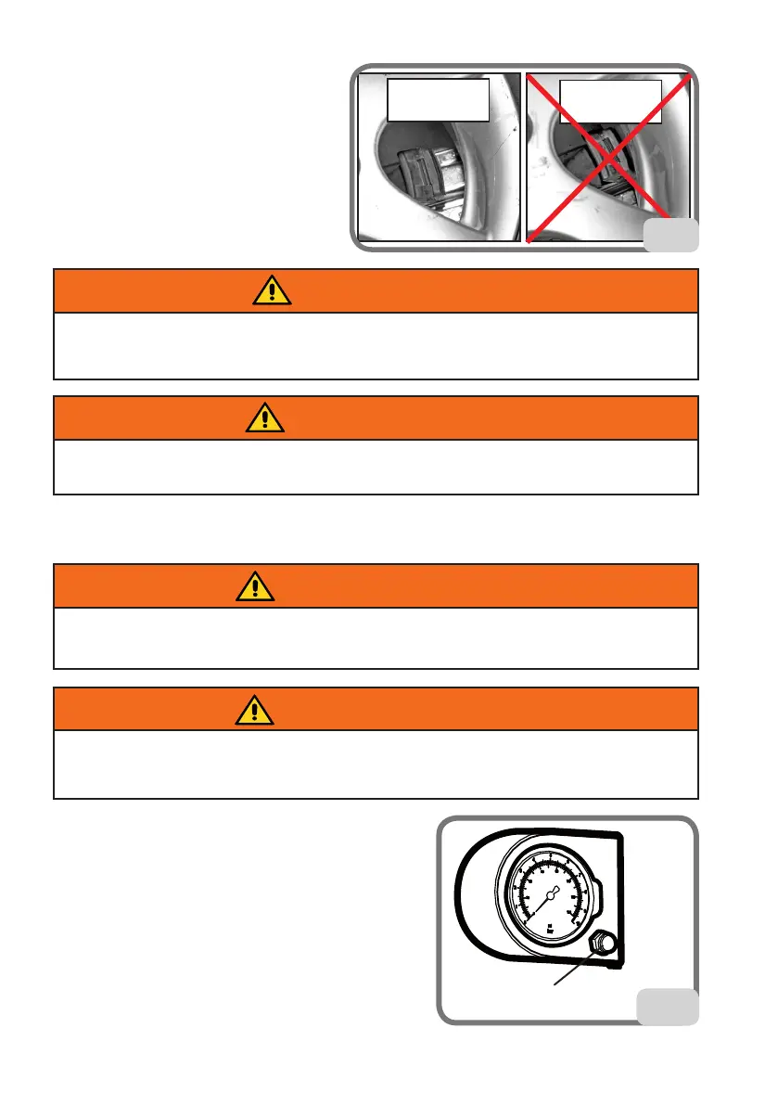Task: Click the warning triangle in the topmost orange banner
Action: coord(270,291)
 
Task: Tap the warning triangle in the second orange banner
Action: coord(265,418)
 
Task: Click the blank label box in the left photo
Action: coord(438,100)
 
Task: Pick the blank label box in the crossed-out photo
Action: coord(610,100)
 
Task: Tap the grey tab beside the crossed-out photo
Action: coord(671,236)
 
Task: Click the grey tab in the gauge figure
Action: coord(668,1007)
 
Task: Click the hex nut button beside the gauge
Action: coord(602,944)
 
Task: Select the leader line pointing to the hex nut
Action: coord(573,970)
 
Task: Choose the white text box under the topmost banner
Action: coord(376,346)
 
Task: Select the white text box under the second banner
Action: coord(376,467)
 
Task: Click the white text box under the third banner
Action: coord(376,637)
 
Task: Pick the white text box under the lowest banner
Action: coord(376,764)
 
